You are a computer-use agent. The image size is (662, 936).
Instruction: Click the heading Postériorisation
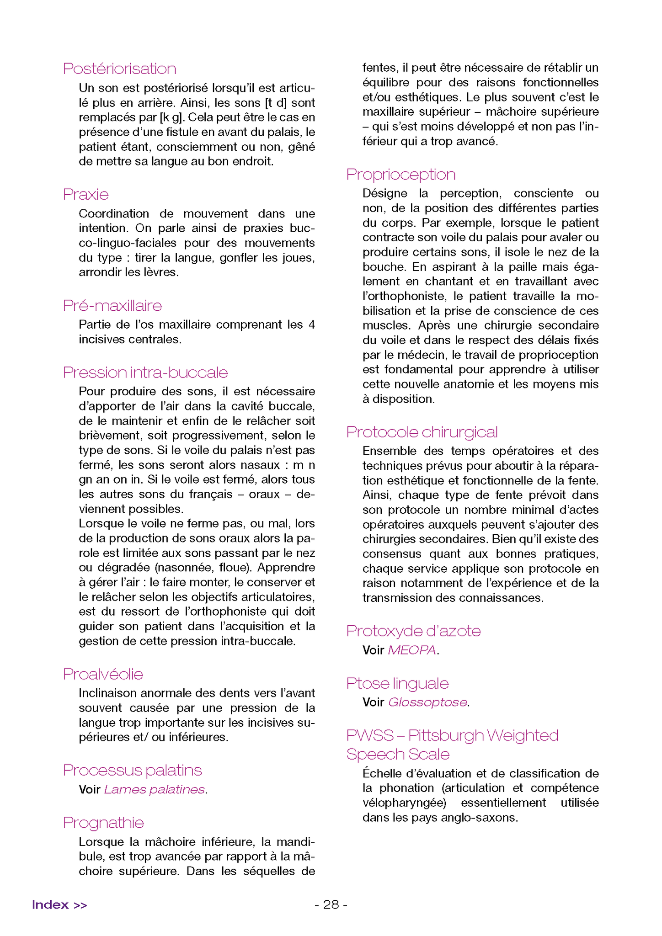click(119, 69)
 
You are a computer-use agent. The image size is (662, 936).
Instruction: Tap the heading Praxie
click(85, 194)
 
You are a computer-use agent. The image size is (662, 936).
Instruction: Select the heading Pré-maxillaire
click(112, 305)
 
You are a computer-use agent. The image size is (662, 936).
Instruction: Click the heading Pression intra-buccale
click(145, 372)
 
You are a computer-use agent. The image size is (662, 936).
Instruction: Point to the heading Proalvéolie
click(103, 674)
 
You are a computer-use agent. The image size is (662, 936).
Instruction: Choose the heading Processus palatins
click(132, 770)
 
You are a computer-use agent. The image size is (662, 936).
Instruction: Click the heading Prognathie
click(103, 822)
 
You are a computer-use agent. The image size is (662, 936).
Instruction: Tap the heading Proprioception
click(400, 174)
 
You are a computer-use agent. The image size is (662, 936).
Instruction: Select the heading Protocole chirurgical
click(422, 431)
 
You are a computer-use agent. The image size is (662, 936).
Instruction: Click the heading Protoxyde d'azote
click(413, 631)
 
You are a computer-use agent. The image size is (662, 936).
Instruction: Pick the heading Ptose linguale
click(397, 683)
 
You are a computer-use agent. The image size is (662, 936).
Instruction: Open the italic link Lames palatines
click(154, 789)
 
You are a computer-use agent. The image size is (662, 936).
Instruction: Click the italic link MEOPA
click(411, 650)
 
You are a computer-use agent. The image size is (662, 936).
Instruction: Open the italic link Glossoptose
click(427, 702)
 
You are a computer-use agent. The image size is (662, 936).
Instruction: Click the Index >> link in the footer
click(59, 904)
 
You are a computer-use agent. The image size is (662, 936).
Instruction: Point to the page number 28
click(331, 904)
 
